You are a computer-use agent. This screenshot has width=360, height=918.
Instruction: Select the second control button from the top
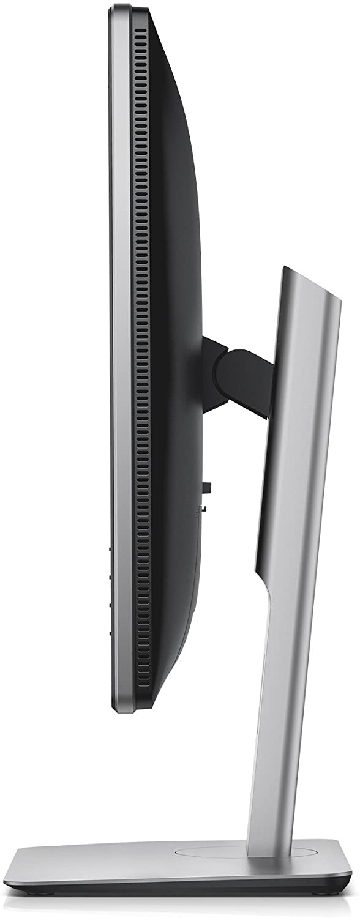[x=110, y=576]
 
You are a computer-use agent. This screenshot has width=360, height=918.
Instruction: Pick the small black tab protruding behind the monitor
[x=208, y=487]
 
